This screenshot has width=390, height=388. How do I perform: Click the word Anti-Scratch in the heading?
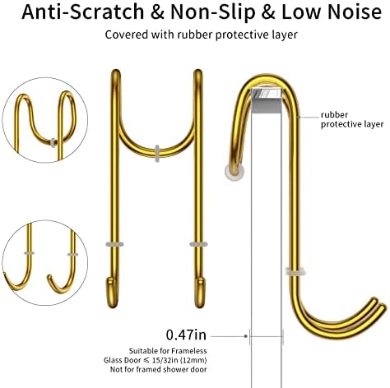[82, 12]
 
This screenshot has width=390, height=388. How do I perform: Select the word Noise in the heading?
[354, 12]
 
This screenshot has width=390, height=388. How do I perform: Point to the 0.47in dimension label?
[186, 335]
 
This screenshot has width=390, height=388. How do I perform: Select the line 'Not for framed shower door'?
[159, 369]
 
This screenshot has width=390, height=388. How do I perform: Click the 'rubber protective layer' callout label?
[352, 119]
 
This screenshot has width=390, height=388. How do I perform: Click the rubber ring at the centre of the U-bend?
[157, 153]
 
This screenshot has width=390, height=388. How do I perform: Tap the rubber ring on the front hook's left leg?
[114, 244]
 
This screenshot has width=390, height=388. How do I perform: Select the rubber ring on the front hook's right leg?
[198, 244]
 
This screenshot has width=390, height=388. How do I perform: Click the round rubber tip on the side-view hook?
[234, 172]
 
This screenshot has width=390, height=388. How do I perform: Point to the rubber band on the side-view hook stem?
[295, 271]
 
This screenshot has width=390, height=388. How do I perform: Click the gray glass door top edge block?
[267, 100]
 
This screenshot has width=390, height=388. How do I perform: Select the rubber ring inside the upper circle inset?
[53, 142]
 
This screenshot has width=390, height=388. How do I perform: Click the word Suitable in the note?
[143, 351]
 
